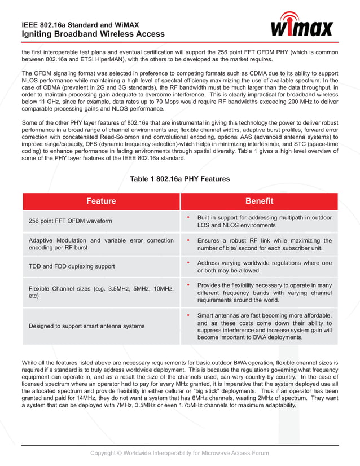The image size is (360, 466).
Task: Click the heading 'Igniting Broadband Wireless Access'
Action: click(x=93, y=34)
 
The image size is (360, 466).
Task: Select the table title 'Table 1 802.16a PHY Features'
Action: click(x=180, y=179)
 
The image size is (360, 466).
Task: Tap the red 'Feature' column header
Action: click(x=101, y=201)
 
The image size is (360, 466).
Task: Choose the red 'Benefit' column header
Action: click(x=259, y=201)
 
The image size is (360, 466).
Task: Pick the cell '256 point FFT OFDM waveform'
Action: click(x=71, y=221)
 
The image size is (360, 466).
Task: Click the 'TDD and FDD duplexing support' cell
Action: click(x=72, y=266)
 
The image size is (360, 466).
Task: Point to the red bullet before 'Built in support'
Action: click(x=187, y=217)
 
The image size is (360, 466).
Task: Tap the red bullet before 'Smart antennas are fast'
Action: click(x=187, y=315)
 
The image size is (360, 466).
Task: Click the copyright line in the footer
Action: click(x=180, y=453)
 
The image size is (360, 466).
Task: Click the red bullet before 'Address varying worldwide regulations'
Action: click(x=187, y=262)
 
